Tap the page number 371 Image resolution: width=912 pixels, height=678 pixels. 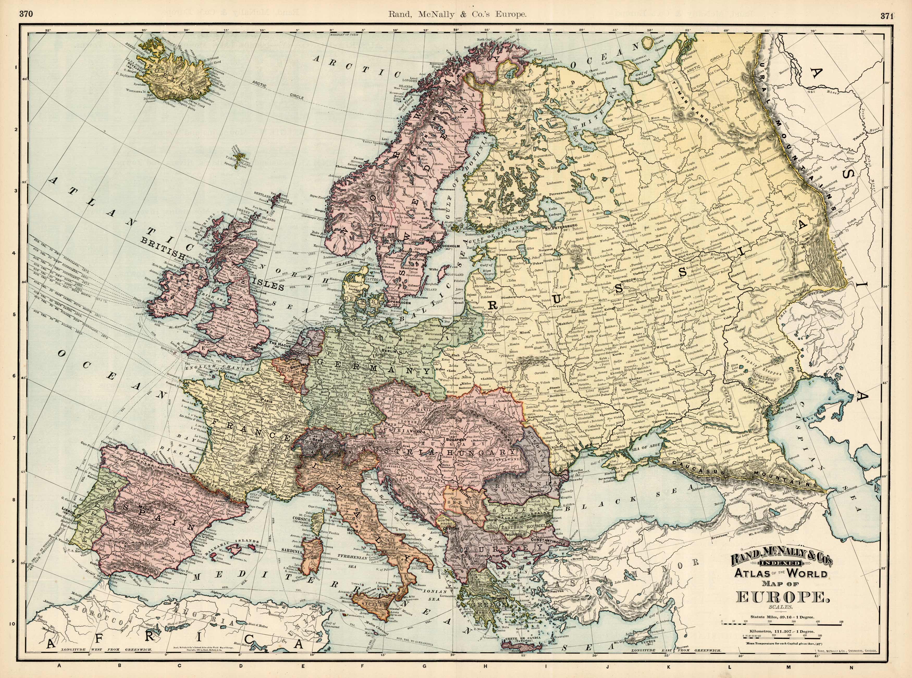click(x=887, y=16)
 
